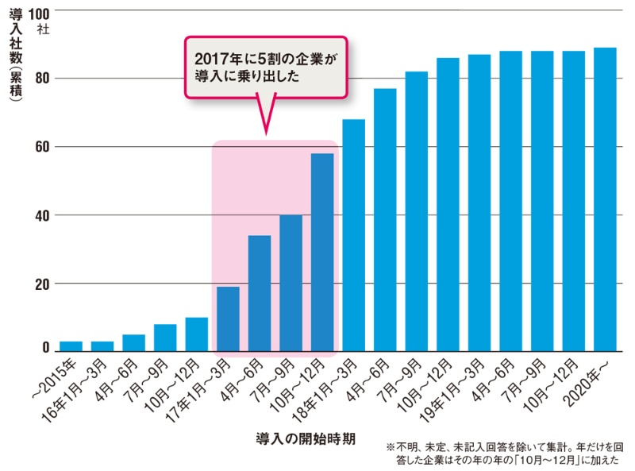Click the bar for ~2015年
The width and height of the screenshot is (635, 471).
[71, 346]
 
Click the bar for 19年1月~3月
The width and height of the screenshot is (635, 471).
[479, 203]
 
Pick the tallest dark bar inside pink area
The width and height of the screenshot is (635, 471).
[322, 253]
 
